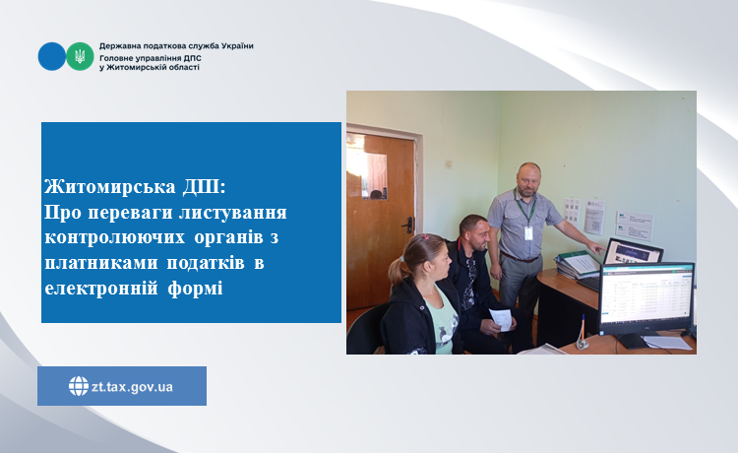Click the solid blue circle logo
click(52, 56)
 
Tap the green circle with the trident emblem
click(80, 56)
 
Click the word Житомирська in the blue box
click(110, 187)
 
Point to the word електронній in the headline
click(101, 288)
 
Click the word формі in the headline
click(196, 289)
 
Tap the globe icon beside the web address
click(79, 386)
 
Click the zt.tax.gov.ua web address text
click(132, 387)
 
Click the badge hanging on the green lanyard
click(528, 233)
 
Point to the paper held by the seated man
click(501, 319)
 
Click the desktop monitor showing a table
click(646, 299)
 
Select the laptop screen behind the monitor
click(634, 252)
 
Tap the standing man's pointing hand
click(596, 248)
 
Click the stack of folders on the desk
click(577, 265)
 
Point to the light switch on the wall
click(448, 164)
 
